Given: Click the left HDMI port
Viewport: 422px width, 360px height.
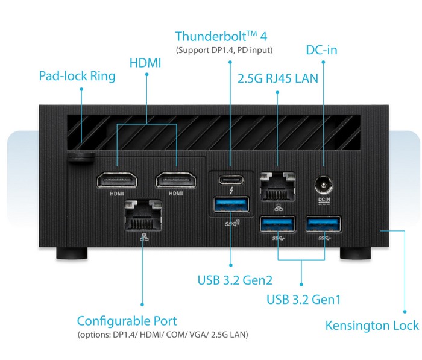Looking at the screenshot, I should [116, 180].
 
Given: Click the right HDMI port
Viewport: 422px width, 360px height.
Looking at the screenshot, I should [176, 180].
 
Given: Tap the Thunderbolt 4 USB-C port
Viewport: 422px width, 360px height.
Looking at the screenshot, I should [232, 179].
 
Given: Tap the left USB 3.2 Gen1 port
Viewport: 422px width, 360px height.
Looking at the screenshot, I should [277, 225].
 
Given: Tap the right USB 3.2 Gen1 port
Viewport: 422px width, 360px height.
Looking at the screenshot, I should [323, 225].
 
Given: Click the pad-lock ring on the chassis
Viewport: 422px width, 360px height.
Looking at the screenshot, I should [81, 156].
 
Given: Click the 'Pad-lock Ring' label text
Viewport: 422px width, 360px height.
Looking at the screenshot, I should [77, 76].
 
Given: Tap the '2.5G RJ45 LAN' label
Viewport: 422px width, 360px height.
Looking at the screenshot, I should [278, 78].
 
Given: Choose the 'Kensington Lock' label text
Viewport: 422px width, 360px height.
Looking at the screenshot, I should [372, 326].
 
